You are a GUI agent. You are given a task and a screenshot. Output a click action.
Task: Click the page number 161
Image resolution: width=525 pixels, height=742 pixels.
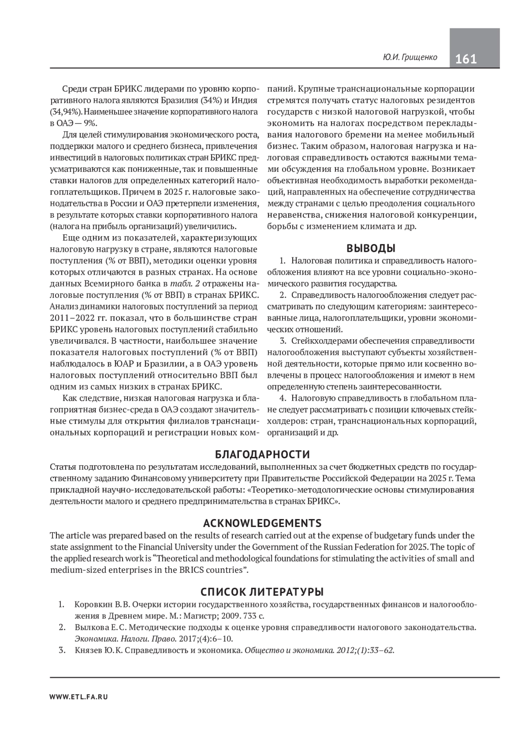(466, 59)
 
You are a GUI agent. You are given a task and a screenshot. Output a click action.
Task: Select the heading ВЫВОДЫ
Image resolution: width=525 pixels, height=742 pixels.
(371, 248)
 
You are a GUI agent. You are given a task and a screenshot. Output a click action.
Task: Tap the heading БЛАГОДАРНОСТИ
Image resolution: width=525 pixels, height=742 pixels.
(262, 454)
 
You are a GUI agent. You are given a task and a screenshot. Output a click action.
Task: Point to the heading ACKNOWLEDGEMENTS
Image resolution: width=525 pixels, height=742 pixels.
(262, 523)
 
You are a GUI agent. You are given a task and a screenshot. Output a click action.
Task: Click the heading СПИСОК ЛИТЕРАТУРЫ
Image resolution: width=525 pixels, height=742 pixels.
(262, 592)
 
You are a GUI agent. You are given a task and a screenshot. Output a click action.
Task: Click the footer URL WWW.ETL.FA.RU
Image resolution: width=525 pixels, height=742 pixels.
(79, 697)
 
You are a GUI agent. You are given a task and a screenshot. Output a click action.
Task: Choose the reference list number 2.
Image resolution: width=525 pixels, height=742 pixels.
(62, 627)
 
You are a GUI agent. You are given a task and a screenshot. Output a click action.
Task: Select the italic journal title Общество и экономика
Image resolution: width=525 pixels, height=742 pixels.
(285, 650)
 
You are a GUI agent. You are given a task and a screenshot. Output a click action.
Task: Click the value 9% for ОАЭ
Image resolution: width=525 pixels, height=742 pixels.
(89, 124)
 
